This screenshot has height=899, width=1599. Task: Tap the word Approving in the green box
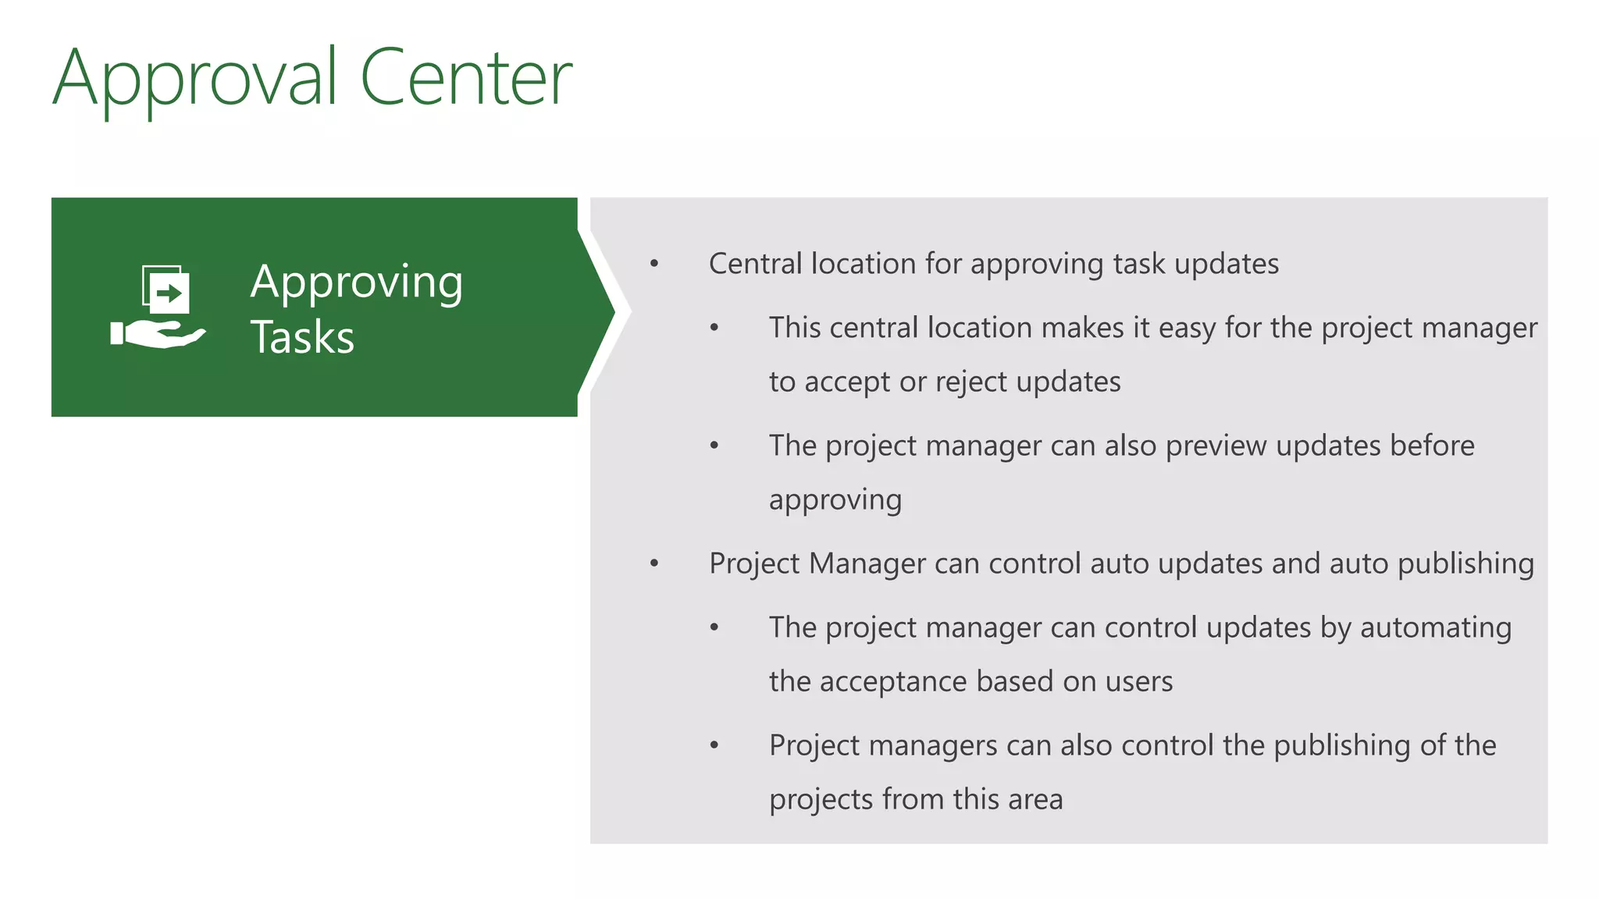coord(357,282)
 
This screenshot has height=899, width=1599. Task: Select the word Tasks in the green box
coord(302,337)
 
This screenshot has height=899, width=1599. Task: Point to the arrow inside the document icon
coord(169,293)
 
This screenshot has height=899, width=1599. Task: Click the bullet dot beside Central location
coord(654,265)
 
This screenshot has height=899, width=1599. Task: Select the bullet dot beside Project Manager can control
coord(654,563)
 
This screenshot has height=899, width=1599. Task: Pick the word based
coord(1015,682)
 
